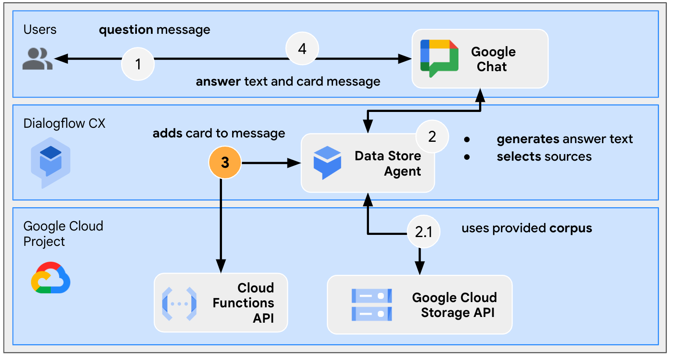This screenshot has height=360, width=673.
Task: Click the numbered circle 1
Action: point(138,64)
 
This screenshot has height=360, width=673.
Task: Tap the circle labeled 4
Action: point(302,49)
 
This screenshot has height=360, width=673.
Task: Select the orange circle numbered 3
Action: point(225,162)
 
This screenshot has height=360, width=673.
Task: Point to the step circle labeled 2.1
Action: point(423,231)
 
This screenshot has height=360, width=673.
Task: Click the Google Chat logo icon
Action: point(439,58)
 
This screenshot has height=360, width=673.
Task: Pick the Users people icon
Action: point(38,59)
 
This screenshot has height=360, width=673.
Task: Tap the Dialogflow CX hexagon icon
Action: point(50,162)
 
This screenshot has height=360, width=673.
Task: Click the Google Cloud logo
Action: point(50,278)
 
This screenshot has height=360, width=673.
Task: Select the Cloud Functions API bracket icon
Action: point(179,303)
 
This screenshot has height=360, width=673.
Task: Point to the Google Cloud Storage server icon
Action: point(372,305)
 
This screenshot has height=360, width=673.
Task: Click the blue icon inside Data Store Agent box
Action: point(327,162)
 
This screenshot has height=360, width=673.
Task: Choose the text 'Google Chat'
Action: point(493,59)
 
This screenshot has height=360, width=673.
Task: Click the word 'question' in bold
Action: point(126,30)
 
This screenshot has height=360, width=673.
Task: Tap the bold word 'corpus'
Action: point(570,228)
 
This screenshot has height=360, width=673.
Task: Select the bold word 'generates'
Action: point(528,139)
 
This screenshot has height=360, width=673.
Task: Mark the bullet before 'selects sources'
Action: point(467,157)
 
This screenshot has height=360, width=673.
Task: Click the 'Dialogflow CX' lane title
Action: point(64,123)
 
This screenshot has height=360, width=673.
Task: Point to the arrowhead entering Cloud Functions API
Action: point(221,266)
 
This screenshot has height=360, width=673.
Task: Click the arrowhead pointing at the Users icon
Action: point(61,58)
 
